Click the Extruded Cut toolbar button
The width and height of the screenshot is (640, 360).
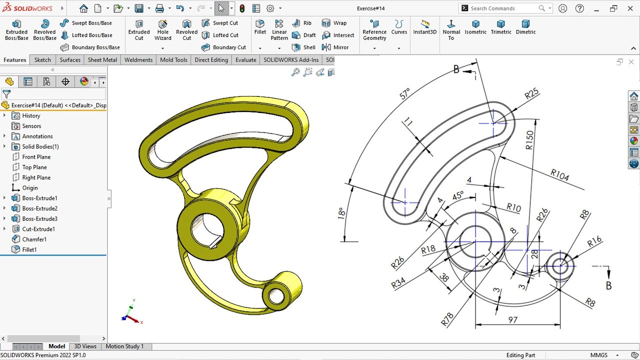pyautogui.click(x=139, y=30)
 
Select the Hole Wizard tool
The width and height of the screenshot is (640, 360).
pyautogui.click(x=163, y=30)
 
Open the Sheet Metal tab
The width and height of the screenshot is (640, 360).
pyautogui.click(x=102, y=60)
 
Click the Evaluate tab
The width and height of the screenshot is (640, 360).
pyautogui.click(x=245, y=60)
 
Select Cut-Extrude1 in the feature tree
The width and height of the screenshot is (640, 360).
pyautogui.click(x=38, y=229)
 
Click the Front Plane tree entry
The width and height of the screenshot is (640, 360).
pyautogui.click(x=36, y=157)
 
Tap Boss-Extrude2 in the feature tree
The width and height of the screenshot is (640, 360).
pyautogui.click(x=39, y=208)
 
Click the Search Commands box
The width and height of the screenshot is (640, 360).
pyautogui.click(x=502, y=8)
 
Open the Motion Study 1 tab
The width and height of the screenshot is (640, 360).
pyautogui.click(x=124, y=346)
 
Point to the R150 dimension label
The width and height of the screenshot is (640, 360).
pyautogui.click(x=529, y=140)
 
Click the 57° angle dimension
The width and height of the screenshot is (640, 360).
pyautogui.click(x=405, y=93)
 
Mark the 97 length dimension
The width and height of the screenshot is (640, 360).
pyautogui.click(x=512, y=319)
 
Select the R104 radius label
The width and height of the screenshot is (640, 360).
pyautogui.click(x=559, y=175)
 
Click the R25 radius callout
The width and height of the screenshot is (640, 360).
pyautogui.click(x=531, y=93)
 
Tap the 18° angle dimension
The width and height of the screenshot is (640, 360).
pyautogui.click(x=341, y=213)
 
